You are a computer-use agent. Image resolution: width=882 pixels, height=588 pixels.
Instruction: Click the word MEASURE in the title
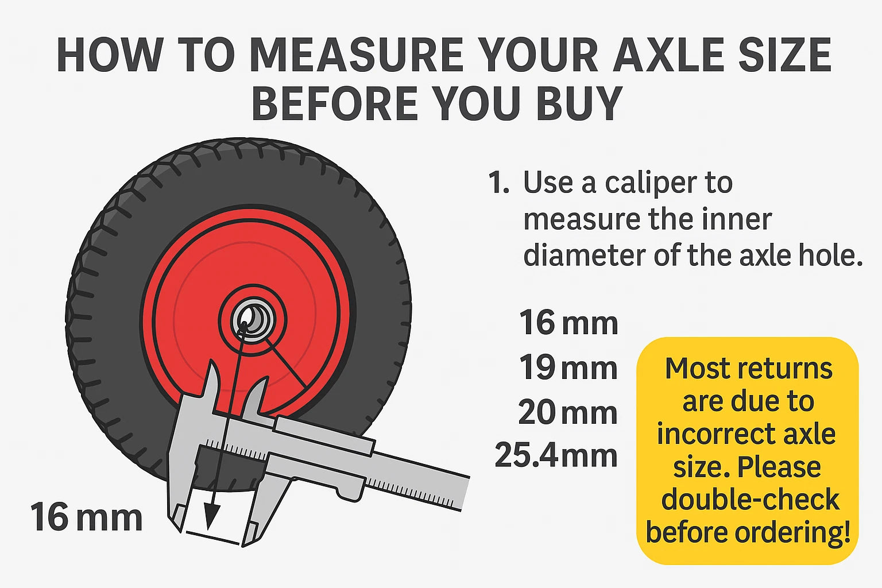357,55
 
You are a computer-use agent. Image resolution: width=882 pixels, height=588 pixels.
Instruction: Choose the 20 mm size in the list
568,412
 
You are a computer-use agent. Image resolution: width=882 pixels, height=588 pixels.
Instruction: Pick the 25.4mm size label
556,455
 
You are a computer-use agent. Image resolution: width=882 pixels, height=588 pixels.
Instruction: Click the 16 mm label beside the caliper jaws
86,517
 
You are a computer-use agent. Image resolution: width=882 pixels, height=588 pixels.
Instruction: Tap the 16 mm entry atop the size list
568,322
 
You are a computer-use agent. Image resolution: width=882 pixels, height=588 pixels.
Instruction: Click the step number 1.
498,183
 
